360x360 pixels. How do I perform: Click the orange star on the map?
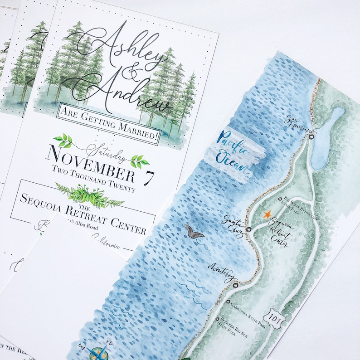coord(267,214)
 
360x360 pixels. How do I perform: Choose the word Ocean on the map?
coord(231,162)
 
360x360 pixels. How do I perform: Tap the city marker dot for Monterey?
coord(235,285)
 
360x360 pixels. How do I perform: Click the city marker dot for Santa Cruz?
coord(248,229)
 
